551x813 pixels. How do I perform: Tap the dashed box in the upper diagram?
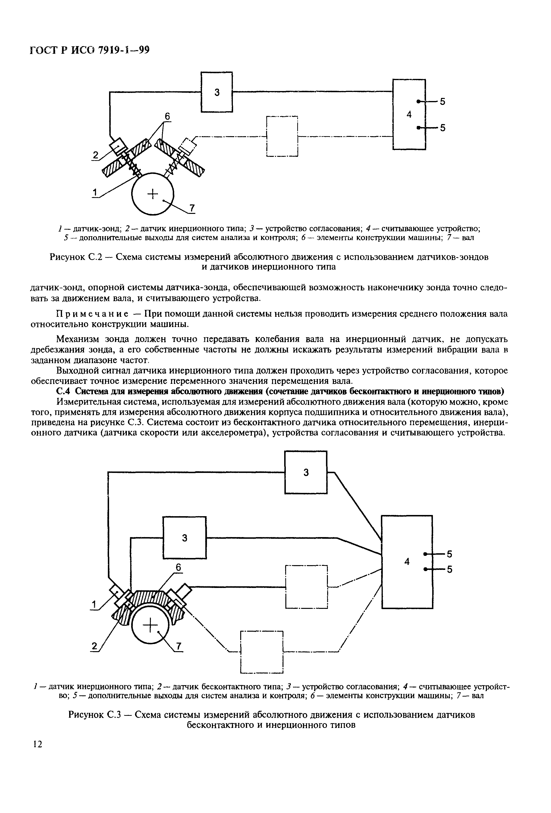click(x=282, y=136)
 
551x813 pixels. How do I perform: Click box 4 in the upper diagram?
click(x=409, y=114)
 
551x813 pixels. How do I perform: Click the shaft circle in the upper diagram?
click(x=153, y=193)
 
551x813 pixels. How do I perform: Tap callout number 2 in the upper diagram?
click(x=96, y=154)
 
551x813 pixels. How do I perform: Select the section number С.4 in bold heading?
click(x=63, y=391)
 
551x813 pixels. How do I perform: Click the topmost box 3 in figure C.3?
click(x=306, y=472)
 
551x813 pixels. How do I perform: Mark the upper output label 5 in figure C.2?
click(x=443, y=101)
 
